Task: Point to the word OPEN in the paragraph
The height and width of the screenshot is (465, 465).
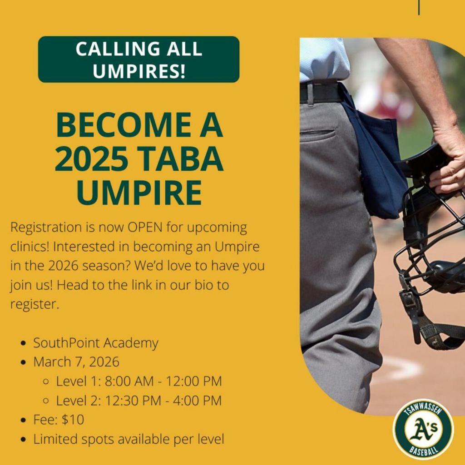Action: (145, 228)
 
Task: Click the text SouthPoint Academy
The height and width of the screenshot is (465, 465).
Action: (95, 343)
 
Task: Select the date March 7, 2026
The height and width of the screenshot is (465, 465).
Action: (76, 362)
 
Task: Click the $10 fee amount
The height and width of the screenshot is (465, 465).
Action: (73, 420)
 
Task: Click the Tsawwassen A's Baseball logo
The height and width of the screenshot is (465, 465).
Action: (423, 429)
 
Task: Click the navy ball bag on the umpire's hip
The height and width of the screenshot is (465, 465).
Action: (375, 157)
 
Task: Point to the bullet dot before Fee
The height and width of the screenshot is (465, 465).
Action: (24, 420)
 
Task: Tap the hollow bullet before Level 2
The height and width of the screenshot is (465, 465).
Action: (46, 401)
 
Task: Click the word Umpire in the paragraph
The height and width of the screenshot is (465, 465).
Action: (237, 247)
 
